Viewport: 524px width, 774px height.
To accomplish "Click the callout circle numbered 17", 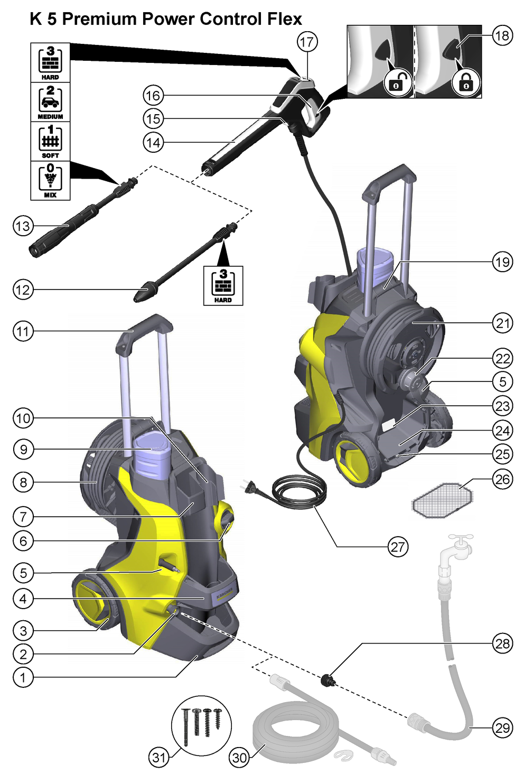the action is pyautogui.click(x=306, y=42).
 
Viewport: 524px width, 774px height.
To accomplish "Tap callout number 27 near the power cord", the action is pyautogui.click(x=398, y=547).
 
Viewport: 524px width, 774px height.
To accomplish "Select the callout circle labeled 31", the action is pyautogui.click(x=159, y=758).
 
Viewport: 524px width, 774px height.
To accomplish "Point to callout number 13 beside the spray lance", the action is pyautogui.click(x=23, y=226).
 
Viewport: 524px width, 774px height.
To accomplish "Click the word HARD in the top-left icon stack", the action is pyautogui.click(x=50, y=77).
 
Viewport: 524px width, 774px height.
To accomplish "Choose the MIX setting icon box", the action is pyautogui.click(x=50, y=181).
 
